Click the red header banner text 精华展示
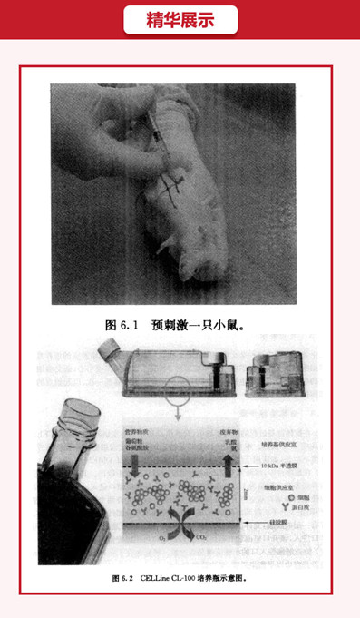point(180,20)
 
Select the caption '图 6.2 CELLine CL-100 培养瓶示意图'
point(179,577)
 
